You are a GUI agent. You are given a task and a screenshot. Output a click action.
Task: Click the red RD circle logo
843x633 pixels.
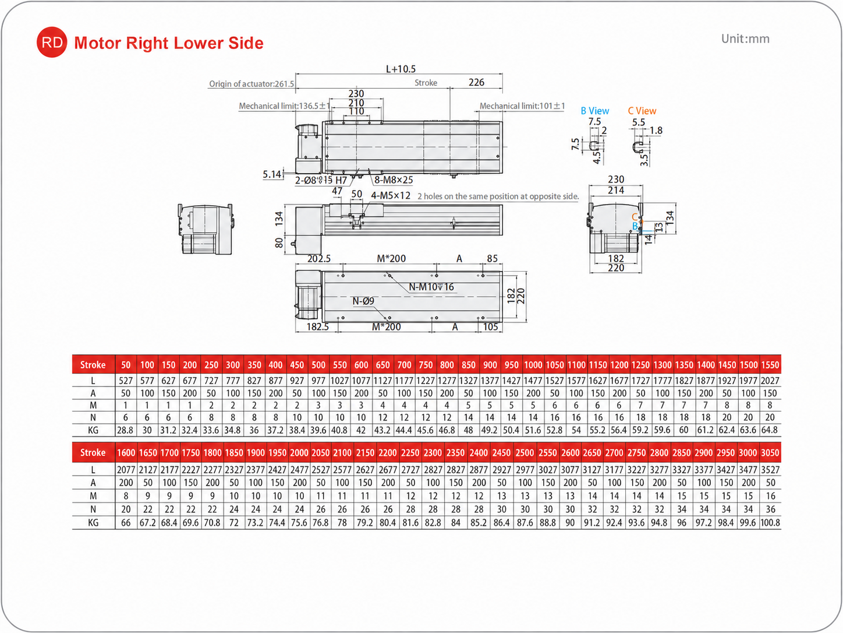[x=51, y=43]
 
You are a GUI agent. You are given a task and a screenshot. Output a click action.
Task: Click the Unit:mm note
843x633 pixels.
[x=745, y=39]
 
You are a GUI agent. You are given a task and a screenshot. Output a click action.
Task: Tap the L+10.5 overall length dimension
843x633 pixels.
[x=401, y=69]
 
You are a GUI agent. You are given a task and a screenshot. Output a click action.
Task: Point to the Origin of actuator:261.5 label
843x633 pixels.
[x=252, y=84]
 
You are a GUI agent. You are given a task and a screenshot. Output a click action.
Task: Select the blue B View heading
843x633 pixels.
[x=594, y=111]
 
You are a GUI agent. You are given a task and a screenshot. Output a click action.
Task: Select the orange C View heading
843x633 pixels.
[x=642, y=111]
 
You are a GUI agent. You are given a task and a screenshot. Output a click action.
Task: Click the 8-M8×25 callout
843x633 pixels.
[x=394, y=180]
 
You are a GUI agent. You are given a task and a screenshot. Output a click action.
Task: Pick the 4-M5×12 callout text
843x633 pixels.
[x=391, y=195]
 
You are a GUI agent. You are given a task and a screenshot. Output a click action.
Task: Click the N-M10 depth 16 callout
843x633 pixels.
[x=431, y=287]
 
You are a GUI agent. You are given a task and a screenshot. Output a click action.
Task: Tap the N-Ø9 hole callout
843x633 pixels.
[x=363, y=301]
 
